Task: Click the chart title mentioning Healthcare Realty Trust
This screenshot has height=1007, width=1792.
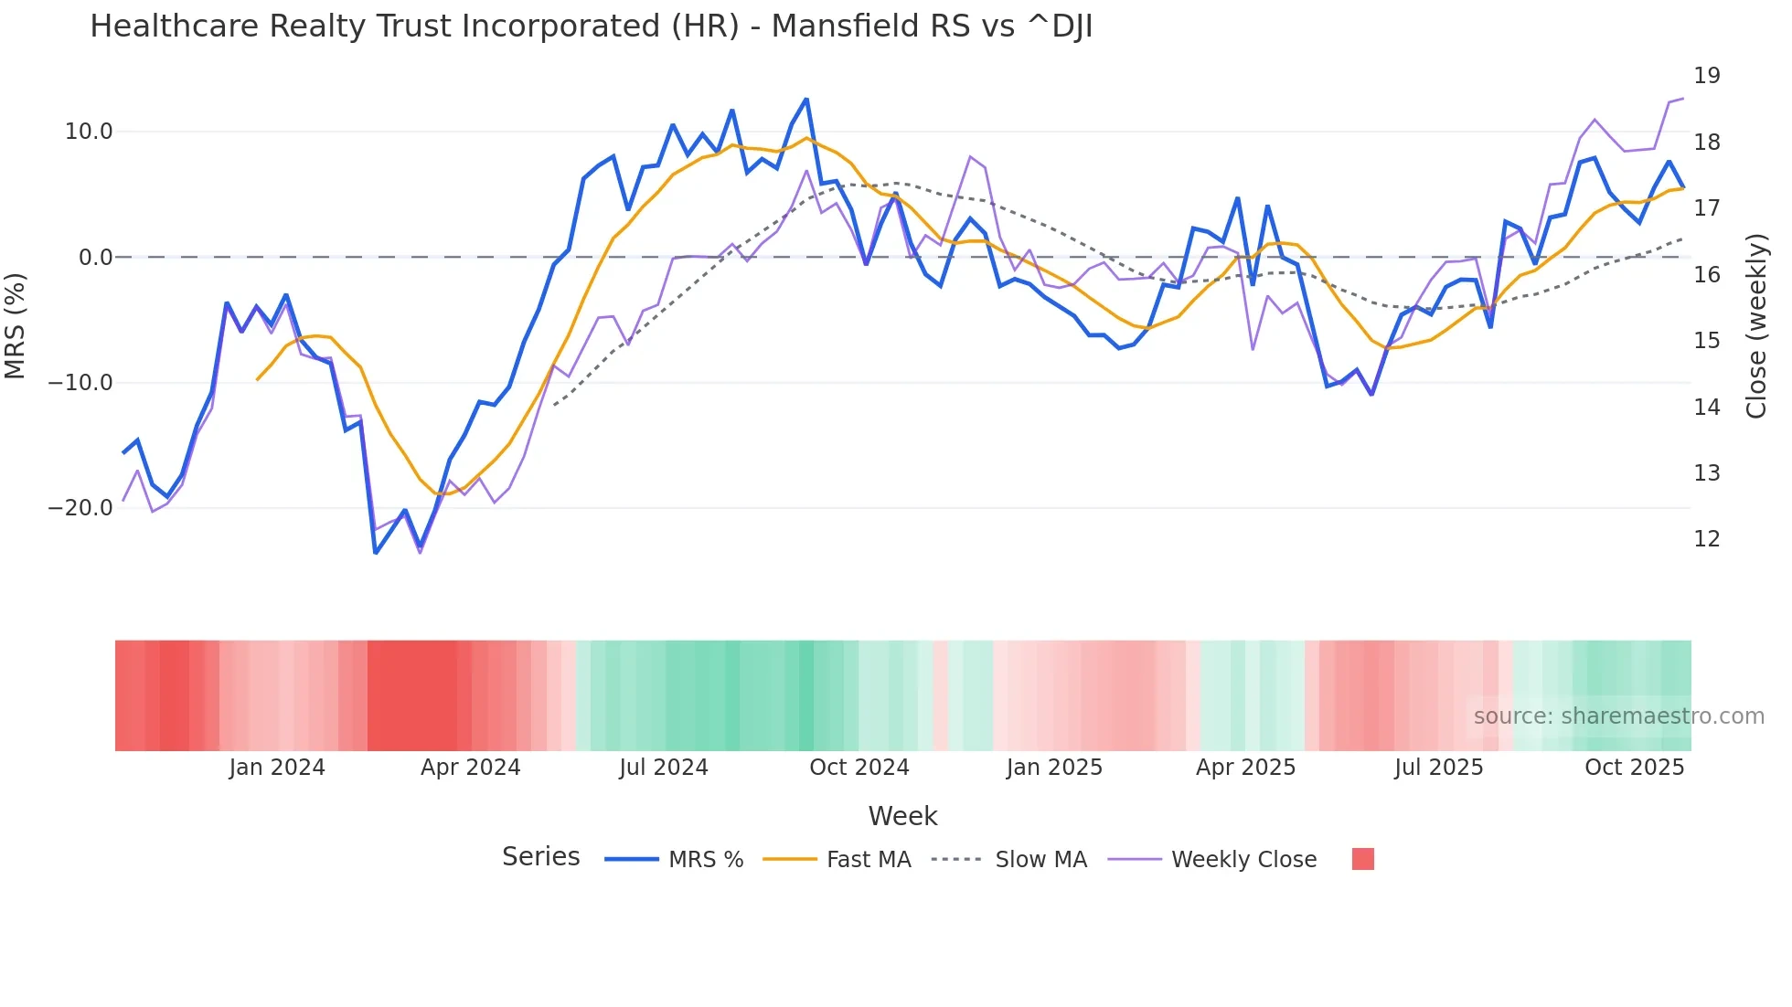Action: [591, 26]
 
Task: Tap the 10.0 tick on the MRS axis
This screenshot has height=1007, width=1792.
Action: [89, 132]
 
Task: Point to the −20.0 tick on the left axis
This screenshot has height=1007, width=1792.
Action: [80, 508]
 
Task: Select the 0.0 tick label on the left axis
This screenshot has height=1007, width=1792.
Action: [95, 258]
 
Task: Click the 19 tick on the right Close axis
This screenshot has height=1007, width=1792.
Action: [1706, 76]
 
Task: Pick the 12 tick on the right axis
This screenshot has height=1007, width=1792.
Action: [1706, 539]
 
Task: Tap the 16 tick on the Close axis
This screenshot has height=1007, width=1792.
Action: [1706, 274]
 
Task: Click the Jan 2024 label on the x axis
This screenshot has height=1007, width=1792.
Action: [277, 768]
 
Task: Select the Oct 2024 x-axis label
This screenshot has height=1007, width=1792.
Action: [859, 768]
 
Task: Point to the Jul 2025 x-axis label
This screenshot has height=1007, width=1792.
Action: [1438, 768]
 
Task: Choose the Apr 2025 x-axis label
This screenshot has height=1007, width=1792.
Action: [1245, 768]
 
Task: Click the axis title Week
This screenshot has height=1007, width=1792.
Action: [902, 816]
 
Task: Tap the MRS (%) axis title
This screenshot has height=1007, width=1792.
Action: [16, 326]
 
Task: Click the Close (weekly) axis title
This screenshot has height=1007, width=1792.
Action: [1755, 326]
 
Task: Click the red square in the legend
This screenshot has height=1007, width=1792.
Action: [1362, 859]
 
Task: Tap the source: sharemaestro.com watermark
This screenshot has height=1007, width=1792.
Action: [1618, 716]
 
